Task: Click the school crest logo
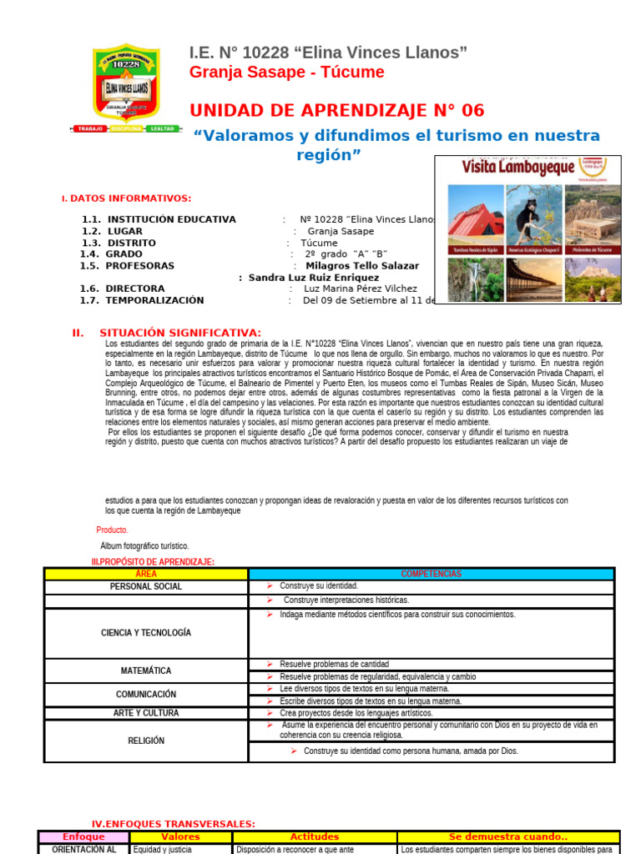click(125, 83)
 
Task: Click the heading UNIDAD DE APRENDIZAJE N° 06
click(336, 111)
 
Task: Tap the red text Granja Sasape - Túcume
click(286, 73)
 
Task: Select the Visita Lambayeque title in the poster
click(518, 168)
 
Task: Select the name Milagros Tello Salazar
click(362, 266)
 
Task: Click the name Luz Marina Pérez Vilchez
click(360, 289)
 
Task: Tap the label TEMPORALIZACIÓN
click(154, 300)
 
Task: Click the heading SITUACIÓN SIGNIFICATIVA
click(179, 333)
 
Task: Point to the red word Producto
click(113, 530)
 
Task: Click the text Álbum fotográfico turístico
click(144, 545)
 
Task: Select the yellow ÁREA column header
click(145, 574)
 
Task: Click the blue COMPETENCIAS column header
click(431, 574)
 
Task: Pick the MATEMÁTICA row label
click(145, 671)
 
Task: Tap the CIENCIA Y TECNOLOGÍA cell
click(145, 633)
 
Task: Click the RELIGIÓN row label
click(145, 741)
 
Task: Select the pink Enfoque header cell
click(83, 836)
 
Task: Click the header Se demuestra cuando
click(507, 836)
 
